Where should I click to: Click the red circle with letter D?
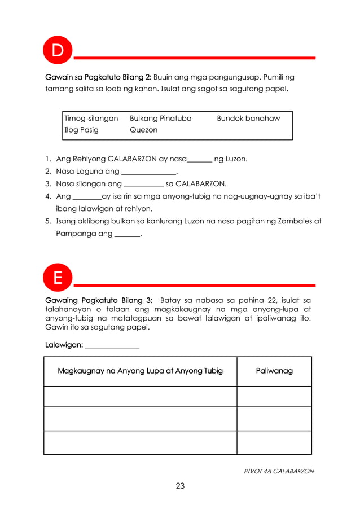click(x=58, y=50)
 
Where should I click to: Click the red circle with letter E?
click(x=58, y=278)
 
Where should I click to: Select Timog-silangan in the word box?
click(x=91, y=119)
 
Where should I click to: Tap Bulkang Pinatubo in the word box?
click(x=161, y=119)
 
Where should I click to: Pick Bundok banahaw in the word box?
click(x=248, y=119)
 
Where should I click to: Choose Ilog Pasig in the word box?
click(x=82, y=130)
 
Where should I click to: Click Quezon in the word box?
click(x=144, y=130)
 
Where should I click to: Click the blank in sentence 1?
click(x=199, y=160)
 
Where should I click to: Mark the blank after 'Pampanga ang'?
click(x=127, y=234)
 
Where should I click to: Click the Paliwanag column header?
click(x=274, y=371)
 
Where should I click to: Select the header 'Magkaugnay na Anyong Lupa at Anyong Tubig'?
click(x=140, y=371)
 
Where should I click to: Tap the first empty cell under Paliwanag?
click(x=274, y=396)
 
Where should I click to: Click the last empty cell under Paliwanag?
click(x=274, y=442)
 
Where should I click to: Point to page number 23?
click(x=180, y=486)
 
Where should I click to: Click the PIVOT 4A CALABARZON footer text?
click(x=279, y=471)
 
